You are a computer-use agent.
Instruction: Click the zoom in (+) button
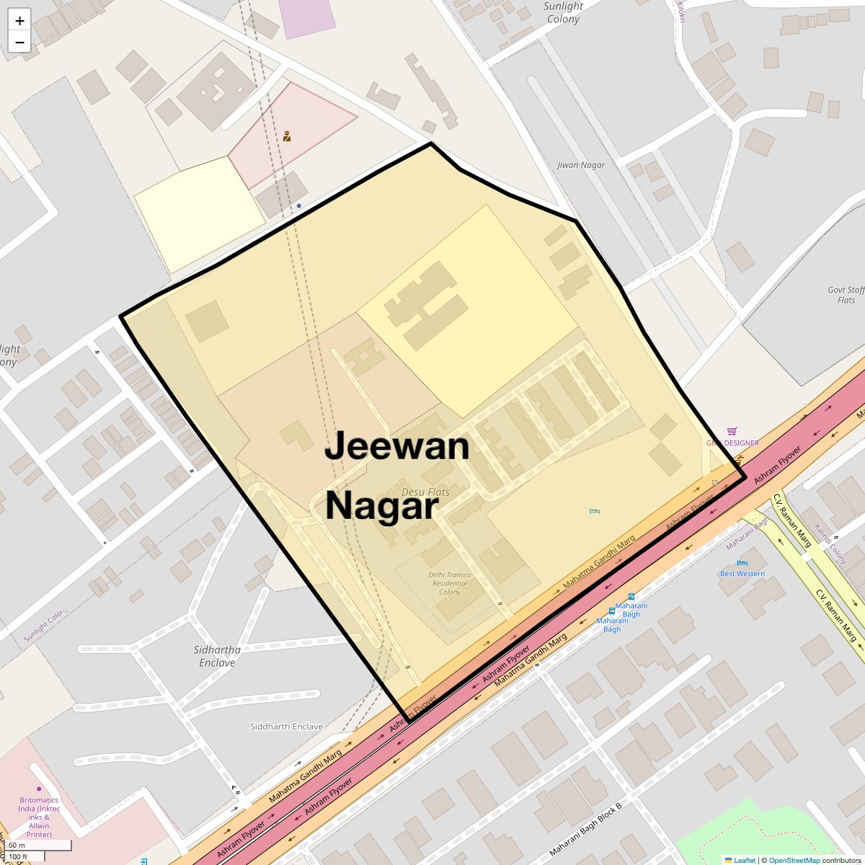click(x=19, y=21)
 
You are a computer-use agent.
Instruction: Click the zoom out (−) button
click(x=19, y=42)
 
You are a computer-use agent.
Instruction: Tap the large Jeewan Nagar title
click(x=396, y=476)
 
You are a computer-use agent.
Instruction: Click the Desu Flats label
click(x=425, y=492)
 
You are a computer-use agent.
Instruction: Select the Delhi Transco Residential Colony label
click(x=450, y=583)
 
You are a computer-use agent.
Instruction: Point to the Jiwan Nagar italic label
click(x=581, y=165)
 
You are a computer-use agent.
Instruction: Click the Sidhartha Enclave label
click(x=217, y=656)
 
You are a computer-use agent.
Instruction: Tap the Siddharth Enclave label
click(x=286, y=727)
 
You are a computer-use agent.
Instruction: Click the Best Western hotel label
click(x=742, y=574)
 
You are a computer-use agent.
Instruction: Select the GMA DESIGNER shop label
click(x=732, y=443)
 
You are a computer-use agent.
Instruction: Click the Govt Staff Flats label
click(x=846, y=295)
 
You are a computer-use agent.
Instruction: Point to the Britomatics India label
click(x=40, y=817)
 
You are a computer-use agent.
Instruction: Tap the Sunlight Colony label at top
click(x=563, y=12)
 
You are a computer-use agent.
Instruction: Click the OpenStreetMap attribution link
click(x=794, y=860)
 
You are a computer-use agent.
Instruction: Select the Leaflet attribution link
click(x=745, y=860)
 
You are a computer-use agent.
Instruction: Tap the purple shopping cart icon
click(x=732, y=431)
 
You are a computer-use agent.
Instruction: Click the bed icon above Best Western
click(x=742, y=563)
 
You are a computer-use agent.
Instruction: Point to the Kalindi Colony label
click(x=830, y=544)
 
